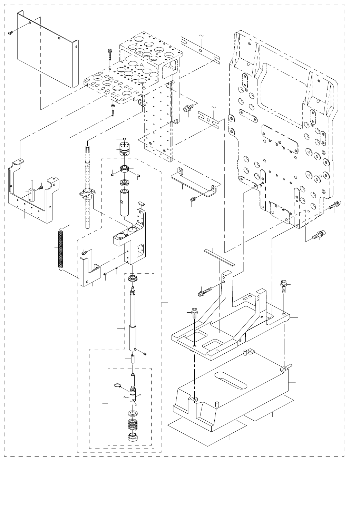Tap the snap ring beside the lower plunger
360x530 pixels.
click(x=117, y=386)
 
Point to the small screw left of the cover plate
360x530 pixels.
click(x=10, y=33)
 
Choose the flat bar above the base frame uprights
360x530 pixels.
click(x=219, y=257)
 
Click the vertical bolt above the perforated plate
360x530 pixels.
click(x=109, y=55)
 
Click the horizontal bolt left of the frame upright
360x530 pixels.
click(x=203, y=292)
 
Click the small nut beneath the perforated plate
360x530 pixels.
click(x=113, y=106)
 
